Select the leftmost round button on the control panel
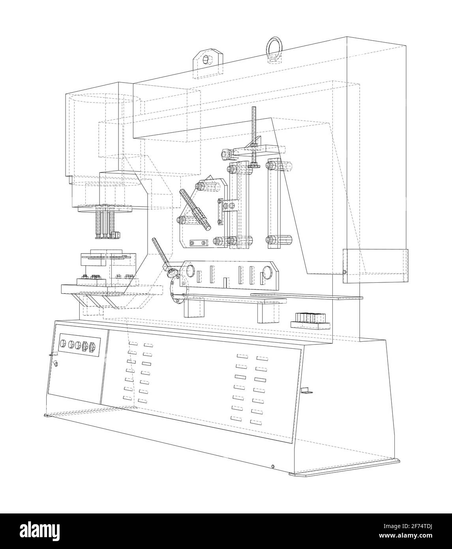point(63,343)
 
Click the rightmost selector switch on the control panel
point(92,347)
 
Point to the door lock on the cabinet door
point(55,364)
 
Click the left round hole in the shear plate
point(189,271)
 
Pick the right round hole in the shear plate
point(267,272)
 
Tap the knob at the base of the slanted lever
point(171,273)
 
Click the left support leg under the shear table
point(195,308)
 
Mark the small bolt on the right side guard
point(344,271)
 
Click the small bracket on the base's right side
point(306,391)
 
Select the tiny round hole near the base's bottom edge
point(272,466)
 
